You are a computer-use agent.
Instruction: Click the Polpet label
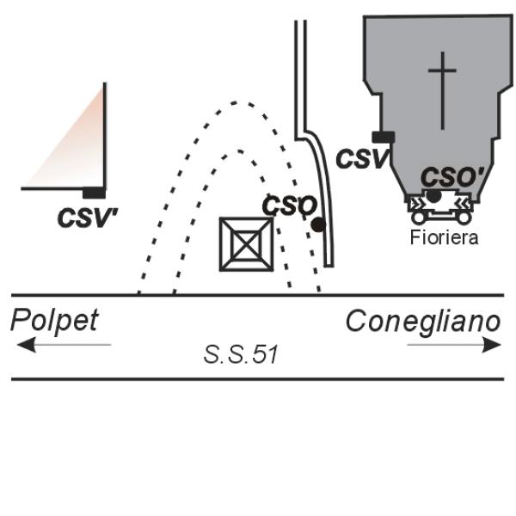55,321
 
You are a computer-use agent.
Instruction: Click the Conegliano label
423,321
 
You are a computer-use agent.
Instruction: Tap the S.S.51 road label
241,354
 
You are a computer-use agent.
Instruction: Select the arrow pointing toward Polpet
64,345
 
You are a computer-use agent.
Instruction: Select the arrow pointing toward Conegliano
454,345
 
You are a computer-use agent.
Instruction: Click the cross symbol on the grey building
442,90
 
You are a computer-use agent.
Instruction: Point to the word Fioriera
445,237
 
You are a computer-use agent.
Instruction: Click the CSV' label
88,218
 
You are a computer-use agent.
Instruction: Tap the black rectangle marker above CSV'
94,193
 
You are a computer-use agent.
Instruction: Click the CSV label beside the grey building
362,158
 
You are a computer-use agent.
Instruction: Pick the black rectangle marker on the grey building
384,137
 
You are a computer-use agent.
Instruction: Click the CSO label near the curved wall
290,206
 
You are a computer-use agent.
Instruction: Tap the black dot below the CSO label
318,224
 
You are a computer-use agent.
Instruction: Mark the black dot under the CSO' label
433,196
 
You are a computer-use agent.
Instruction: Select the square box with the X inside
247,244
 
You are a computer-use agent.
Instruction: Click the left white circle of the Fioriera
418,218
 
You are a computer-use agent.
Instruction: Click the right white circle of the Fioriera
464,218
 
